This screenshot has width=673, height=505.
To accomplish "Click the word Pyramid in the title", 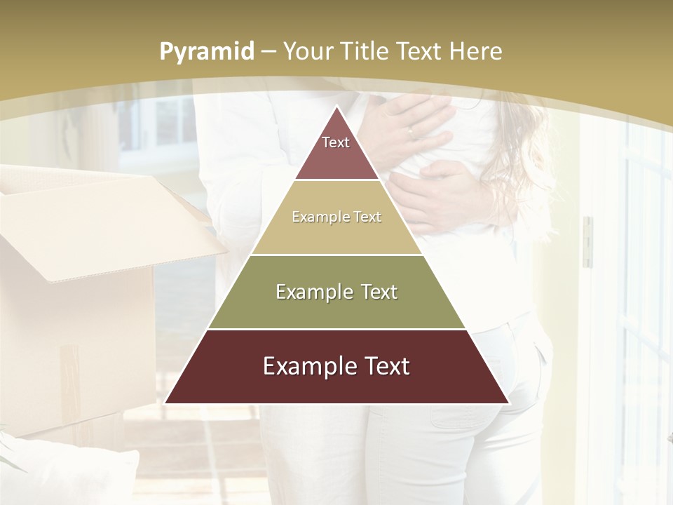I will [x=207, y=51].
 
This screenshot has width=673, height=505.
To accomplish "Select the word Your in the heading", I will [x=307, y=51].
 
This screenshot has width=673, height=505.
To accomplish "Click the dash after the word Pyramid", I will [x=268, y=52].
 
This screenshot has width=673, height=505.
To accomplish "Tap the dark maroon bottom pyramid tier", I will [x=336, y=375].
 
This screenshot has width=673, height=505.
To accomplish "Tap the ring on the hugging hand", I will [x=412, y=130].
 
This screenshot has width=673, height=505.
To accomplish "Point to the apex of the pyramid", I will [x=336, y=107].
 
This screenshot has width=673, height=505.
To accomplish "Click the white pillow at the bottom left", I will [x=70, y=470].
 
